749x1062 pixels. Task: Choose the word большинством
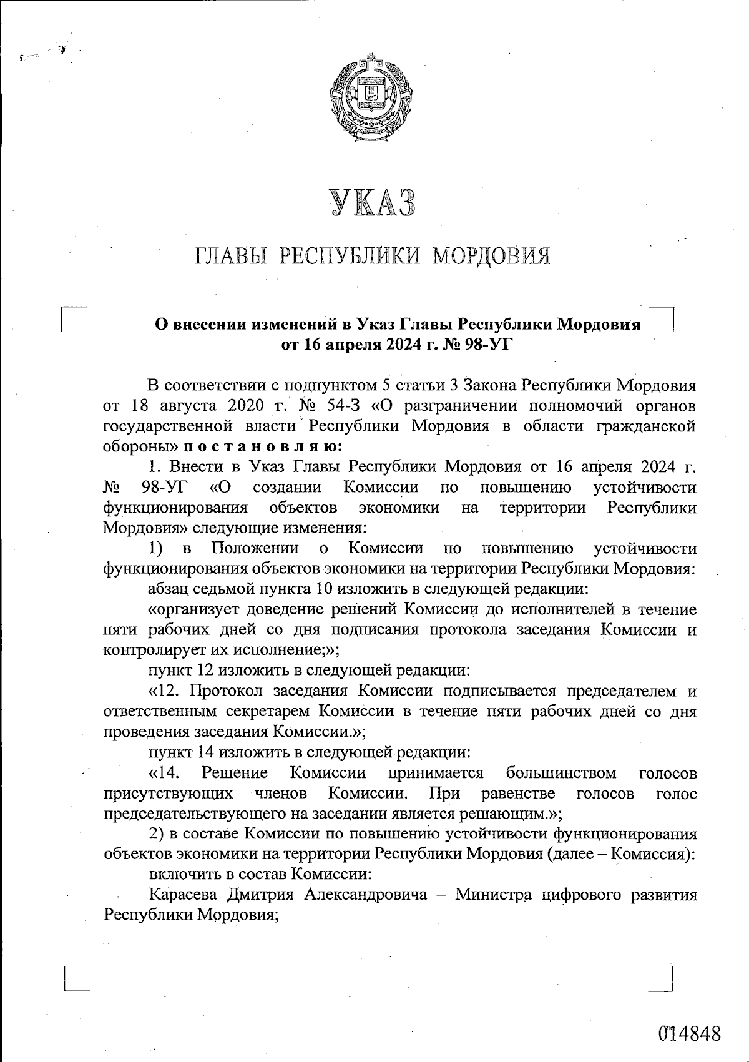561,773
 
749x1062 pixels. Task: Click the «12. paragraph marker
164,691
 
